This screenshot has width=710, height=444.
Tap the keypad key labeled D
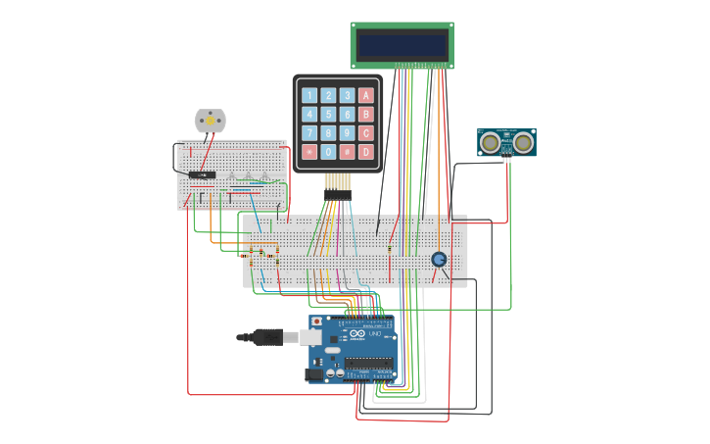click(366, 152)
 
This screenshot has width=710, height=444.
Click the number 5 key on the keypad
click(328, 115)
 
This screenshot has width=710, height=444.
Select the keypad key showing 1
click(309, 96)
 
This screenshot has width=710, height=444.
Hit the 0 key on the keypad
click(328, 152)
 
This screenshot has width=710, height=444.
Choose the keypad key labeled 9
click(347, 133)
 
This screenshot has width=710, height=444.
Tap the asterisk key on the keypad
click(309, 152)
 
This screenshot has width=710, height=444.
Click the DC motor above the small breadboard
click(210, 121)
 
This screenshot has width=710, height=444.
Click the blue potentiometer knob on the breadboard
click(439, 259)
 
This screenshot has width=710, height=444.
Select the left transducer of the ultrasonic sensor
click(490, 142)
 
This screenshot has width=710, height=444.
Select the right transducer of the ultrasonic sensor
click(523, 142)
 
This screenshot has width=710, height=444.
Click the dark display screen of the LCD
click(402, 45)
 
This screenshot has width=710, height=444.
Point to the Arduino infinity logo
click(355, 335)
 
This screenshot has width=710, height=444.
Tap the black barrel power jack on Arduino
click(316, 373)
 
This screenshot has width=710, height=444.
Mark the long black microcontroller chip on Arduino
click(369, 364)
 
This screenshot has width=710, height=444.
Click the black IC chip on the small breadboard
click(202, 175)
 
